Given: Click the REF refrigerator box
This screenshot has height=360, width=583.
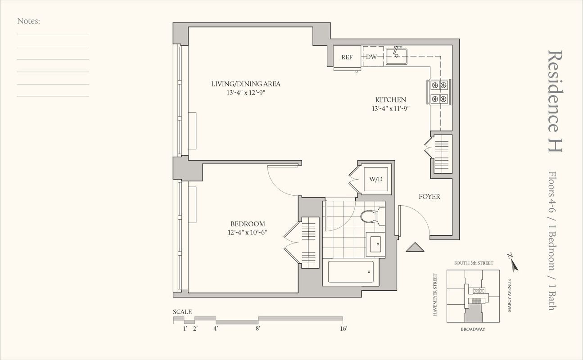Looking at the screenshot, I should [347, 57].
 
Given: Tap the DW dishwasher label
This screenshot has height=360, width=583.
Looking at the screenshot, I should [371, 57].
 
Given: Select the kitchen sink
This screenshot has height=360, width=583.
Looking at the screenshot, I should [397, 56].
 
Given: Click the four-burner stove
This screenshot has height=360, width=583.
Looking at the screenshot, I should [439, 92].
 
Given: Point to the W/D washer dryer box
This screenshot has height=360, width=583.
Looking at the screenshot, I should [376, 179].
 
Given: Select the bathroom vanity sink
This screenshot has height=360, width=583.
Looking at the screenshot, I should [375, 245].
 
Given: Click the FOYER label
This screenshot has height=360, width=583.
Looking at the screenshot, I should [429, 197].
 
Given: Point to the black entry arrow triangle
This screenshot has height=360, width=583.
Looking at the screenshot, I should [416, 247].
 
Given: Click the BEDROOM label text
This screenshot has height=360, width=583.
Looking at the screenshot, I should [248, 224].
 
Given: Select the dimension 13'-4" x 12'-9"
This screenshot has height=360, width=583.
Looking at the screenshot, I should [246, 92].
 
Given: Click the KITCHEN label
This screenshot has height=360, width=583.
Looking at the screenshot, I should [391, 100].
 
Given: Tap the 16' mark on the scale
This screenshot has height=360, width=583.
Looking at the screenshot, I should [343, 329].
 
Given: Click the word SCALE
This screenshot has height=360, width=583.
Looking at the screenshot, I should [182, 312].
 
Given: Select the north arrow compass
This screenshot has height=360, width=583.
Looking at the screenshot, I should [513, 263].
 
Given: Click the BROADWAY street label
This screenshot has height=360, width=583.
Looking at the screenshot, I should [473, 329].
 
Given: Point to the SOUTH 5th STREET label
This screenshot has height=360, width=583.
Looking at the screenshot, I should [473, 263].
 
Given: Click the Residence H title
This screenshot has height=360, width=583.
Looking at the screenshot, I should [555, 101].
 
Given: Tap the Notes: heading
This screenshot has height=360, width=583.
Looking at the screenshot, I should [29, 21].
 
